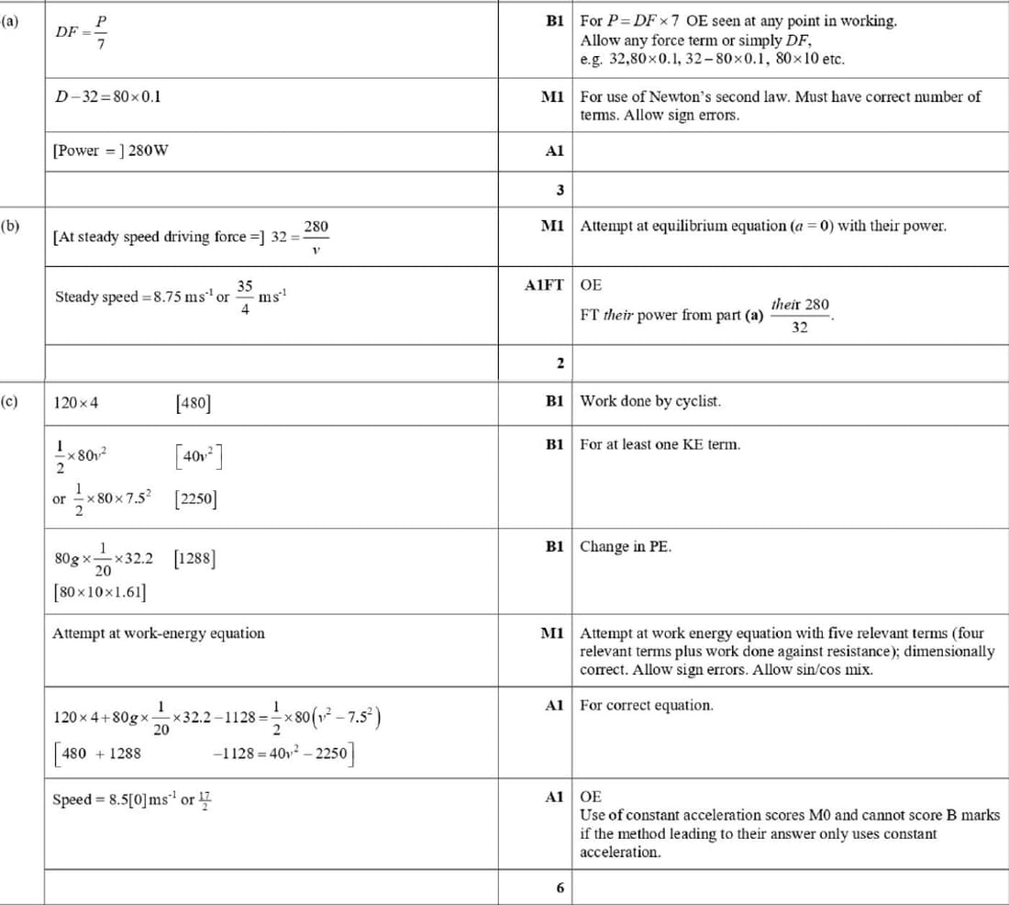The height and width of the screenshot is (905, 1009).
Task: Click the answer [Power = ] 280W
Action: pyautogui.click(x=110, y=151)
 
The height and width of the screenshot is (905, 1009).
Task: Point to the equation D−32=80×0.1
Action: pyautogui.click(x=108, y=95)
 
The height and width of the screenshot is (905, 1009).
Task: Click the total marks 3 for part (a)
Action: pyautogui.click(x=559, y=190)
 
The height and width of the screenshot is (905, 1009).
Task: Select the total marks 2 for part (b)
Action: pyautogui.click(x=559, y=363)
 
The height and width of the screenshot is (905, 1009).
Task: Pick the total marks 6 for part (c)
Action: pyautogui.click(x=559, y=888)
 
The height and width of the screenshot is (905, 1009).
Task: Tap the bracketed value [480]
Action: pyautogui.click(x=192, y=402)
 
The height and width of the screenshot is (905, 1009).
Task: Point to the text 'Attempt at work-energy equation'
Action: pyautogui.click(x=158, y=633)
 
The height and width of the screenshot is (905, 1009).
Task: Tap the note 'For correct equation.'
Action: pyautogui.click(x=647, y=705)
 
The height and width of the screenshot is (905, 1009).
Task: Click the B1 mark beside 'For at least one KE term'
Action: pyautogui.click(x=554, y=444)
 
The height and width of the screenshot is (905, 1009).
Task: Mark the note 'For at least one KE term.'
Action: pyautogui.click(x=660, y=444)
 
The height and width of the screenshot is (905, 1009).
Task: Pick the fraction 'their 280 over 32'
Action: pyautogui.click(x=800, y=315)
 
